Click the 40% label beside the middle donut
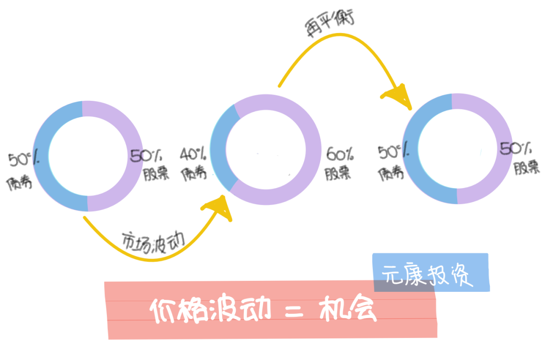click(193, 153)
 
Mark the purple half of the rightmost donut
click(503, 150)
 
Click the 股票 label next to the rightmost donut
click(526, 167)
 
